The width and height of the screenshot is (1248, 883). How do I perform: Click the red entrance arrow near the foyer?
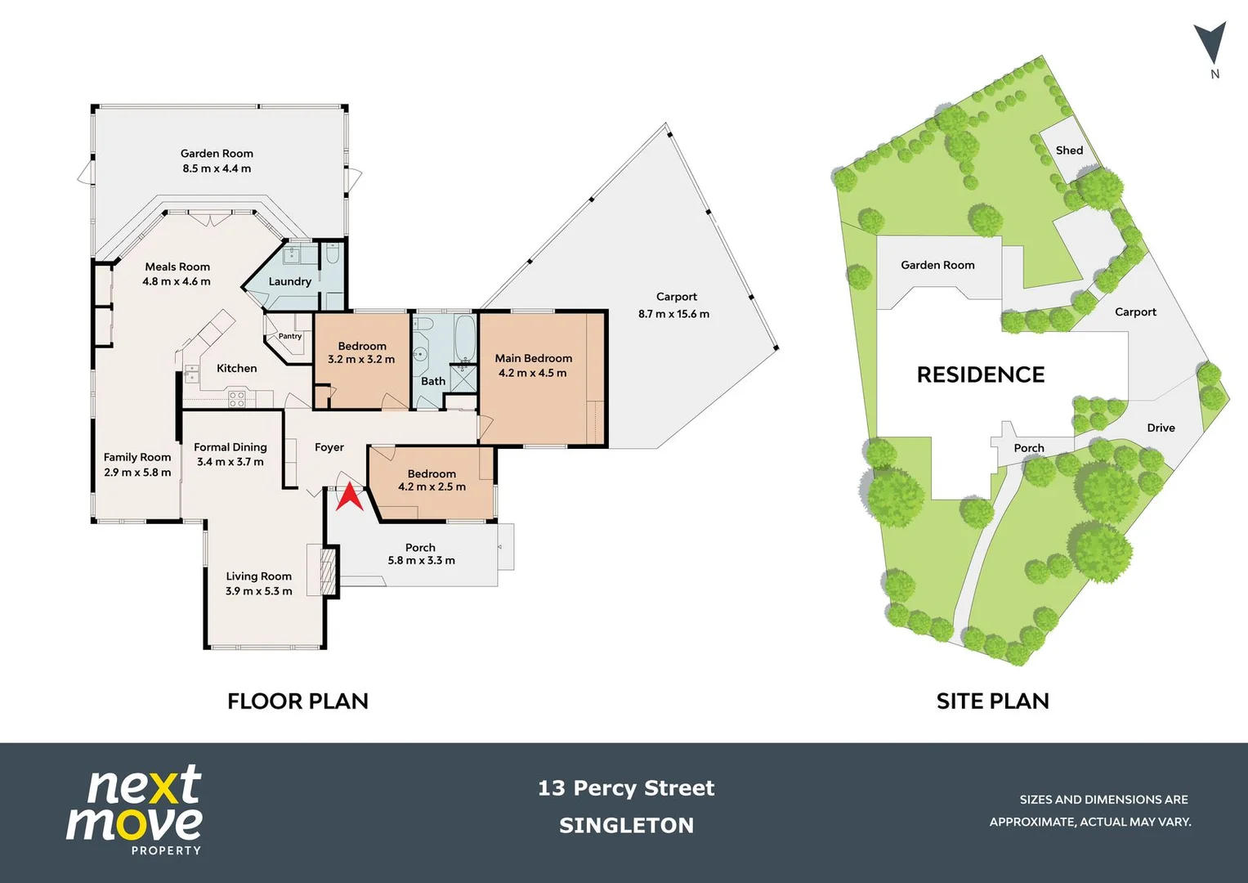(350, 497)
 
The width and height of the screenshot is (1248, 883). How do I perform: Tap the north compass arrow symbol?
(1210, 43)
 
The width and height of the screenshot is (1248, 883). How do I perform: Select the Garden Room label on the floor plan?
(217, 154)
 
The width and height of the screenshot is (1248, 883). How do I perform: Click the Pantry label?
(290, 336)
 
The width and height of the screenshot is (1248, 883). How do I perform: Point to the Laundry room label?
(290, 281)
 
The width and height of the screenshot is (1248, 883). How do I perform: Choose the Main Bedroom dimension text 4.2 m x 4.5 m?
(532, 373)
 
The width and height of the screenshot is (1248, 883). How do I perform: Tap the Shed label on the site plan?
(1069, 150)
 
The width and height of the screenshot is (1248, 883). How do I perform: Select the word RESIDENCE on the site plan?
(981, 374)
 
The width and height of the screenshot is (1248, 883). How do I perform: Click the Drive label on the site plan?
(1161, 428)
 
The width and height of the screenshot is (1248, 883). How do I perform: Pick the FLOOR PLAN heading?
(297, 701)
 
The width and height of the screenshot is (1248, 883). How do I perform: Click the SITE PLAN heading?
(992, 701)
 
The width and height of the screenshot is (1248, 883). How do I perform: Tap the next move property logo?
(135, 810)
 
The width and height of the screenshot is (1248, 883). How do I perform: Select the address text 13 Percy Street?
(626, 788)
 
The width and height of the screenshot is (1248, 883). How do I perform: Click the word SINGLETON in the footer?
(626, 826)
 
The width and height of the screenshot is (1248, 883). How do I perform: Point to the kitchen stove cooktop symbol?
(237, 399)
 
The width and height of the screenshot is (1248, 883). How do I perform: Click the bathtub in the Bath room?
(464, 338)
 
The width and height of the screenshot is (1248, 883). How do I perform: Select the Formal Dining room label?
(230, 447)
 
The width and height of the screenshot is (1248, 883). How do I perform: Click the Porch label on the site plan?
(1029, 448)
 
